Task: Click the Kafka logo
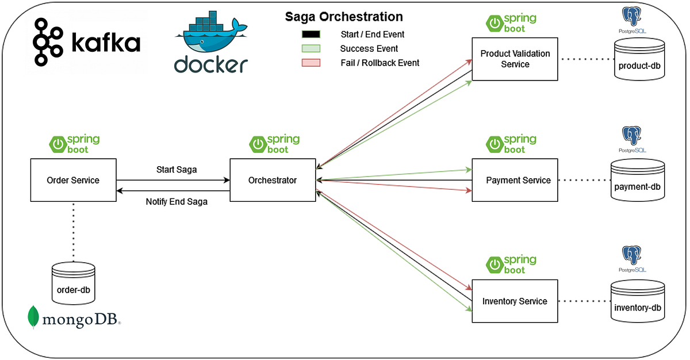click(x=87, y=42)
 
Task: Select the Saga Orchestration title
click(x=344, y=17)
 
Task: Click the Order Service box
click(x=73, y=181)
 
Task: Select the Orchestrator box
click(x=273, y=181)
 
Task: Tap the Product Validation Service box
click(x=515, y=59)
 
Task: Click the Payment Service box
click(x=515, y=181)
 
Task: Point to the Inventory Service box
click(x=515, y=301)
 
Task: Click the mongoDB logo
click(x=74, y=318)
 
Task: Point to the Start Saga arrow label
click(x=176, y=170)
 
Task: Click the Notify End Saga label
click(x=176, y=202)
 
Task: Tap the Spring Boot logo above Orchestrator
click(x=275, y=144)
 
